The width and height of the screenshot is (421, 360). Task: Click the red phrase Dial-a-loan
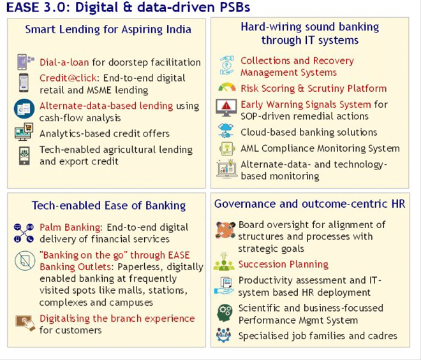tap(64, 62)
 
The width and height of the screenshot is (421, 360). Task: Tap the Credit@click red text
tap(68, 78)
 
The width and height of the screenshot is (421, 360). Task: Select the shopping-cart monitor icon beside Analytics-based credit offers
tap(24, 132)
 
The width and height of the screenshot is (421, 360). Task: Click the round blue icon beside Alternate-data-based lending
tap(24, 109)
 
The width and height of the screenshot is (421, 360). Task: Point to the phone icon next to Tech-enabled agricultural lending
tap(24, 155)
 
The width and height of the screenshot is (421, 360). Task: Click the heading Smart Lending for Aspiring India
tap(108, 29)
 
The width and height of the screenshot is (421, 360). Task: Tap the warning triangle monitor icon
tap(226, 107)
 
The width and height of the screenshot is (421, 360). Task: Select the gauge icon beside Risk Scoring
tap(227, 87)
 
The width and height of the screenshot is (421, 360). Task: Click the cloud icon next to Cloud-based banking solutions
tap(226, 131)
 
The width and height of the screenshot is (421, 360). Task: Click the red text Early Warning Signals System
tap(306, 104)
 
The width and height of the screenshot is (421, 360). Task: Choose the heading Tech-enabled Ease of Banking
tap(108, 205)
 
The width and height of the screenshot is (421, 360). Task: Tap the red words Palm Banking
tap(70, 227)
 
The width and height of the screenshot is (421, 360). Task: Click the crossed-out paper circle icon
tap(25, 261)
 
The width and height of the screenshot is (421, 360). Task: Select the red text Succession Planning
tap(283, 264)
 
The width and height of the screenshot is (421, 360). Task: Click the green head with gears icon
tap(225, 313)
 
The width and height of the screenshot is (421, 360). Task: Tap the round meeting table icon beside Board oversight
tap(225, 230)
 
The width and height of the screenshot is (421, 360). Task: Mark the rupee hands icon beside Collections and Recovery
tap(227, 66)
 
